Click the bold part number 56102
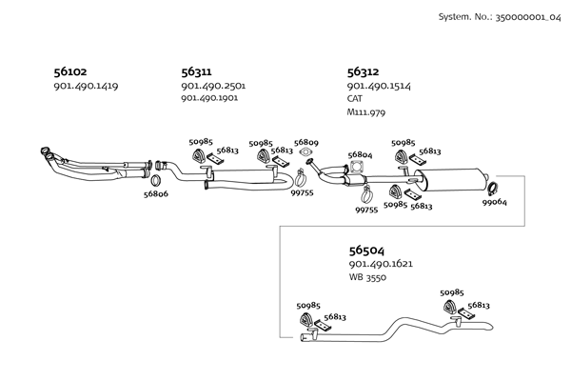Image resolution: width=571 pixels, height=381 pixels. pyautogui.click(x=69, y=70)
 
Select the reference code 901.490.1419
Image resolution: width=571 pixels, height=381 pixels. pyautogui.click(x=86, y=87)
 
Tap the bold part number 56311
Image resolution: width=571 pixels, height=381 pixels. pyautogui.click(x=196, y=70)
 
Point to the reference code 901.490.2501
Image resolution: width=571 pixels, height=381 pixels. pyautogui.click(x=213, y=86)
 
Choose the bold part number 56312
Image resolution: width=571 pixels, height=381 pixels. pyautogui.click(x=363, y=70)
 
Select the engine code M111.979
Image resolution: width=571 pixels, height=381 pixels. pyautogui.click(x=366, y=112)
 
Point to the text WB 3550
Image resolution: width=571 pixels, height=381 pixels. pyautogui.click(x=367, y=277)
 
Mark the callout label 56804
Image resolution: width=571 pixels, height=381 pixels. pyautogui.click(x=360, y=154)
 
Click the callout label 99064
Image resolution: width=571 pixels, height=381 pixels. pyautogui.click(x=494, y=202)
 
